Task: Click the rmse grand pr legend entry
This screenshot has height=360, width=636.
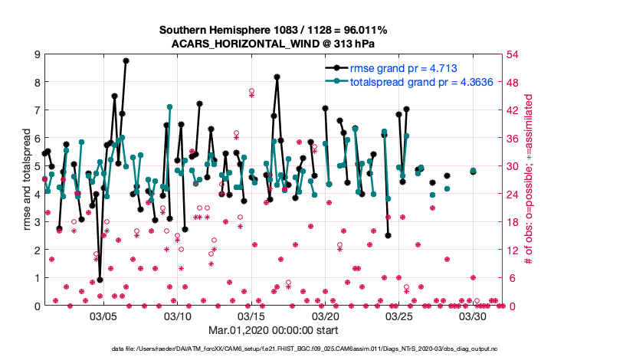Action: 403,68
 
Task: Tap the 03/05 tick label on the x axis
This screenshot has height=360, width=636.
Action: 103,316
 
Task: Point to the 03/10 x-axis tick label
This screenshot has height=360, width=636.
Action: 178,316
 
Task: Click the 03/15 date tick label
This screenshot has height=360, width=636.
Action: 251,316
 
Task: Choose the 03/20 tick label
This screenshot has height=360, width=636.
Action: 326,316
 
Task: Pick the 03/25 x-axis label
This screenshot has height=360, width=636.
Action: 399,316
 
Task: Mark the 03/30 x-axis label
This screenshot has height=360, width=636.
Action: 474,316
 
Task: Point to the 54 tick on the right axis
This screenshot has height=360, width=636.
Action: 515,54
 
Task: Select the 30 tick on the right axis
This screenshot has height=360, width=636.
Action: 515,166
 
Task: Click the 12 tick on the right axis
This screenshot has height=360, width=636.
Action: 515,250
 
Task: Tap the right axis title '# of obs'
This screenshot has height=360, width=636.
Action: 529,180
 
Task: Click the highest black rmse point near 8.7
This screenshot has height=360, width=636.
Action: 126,61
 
